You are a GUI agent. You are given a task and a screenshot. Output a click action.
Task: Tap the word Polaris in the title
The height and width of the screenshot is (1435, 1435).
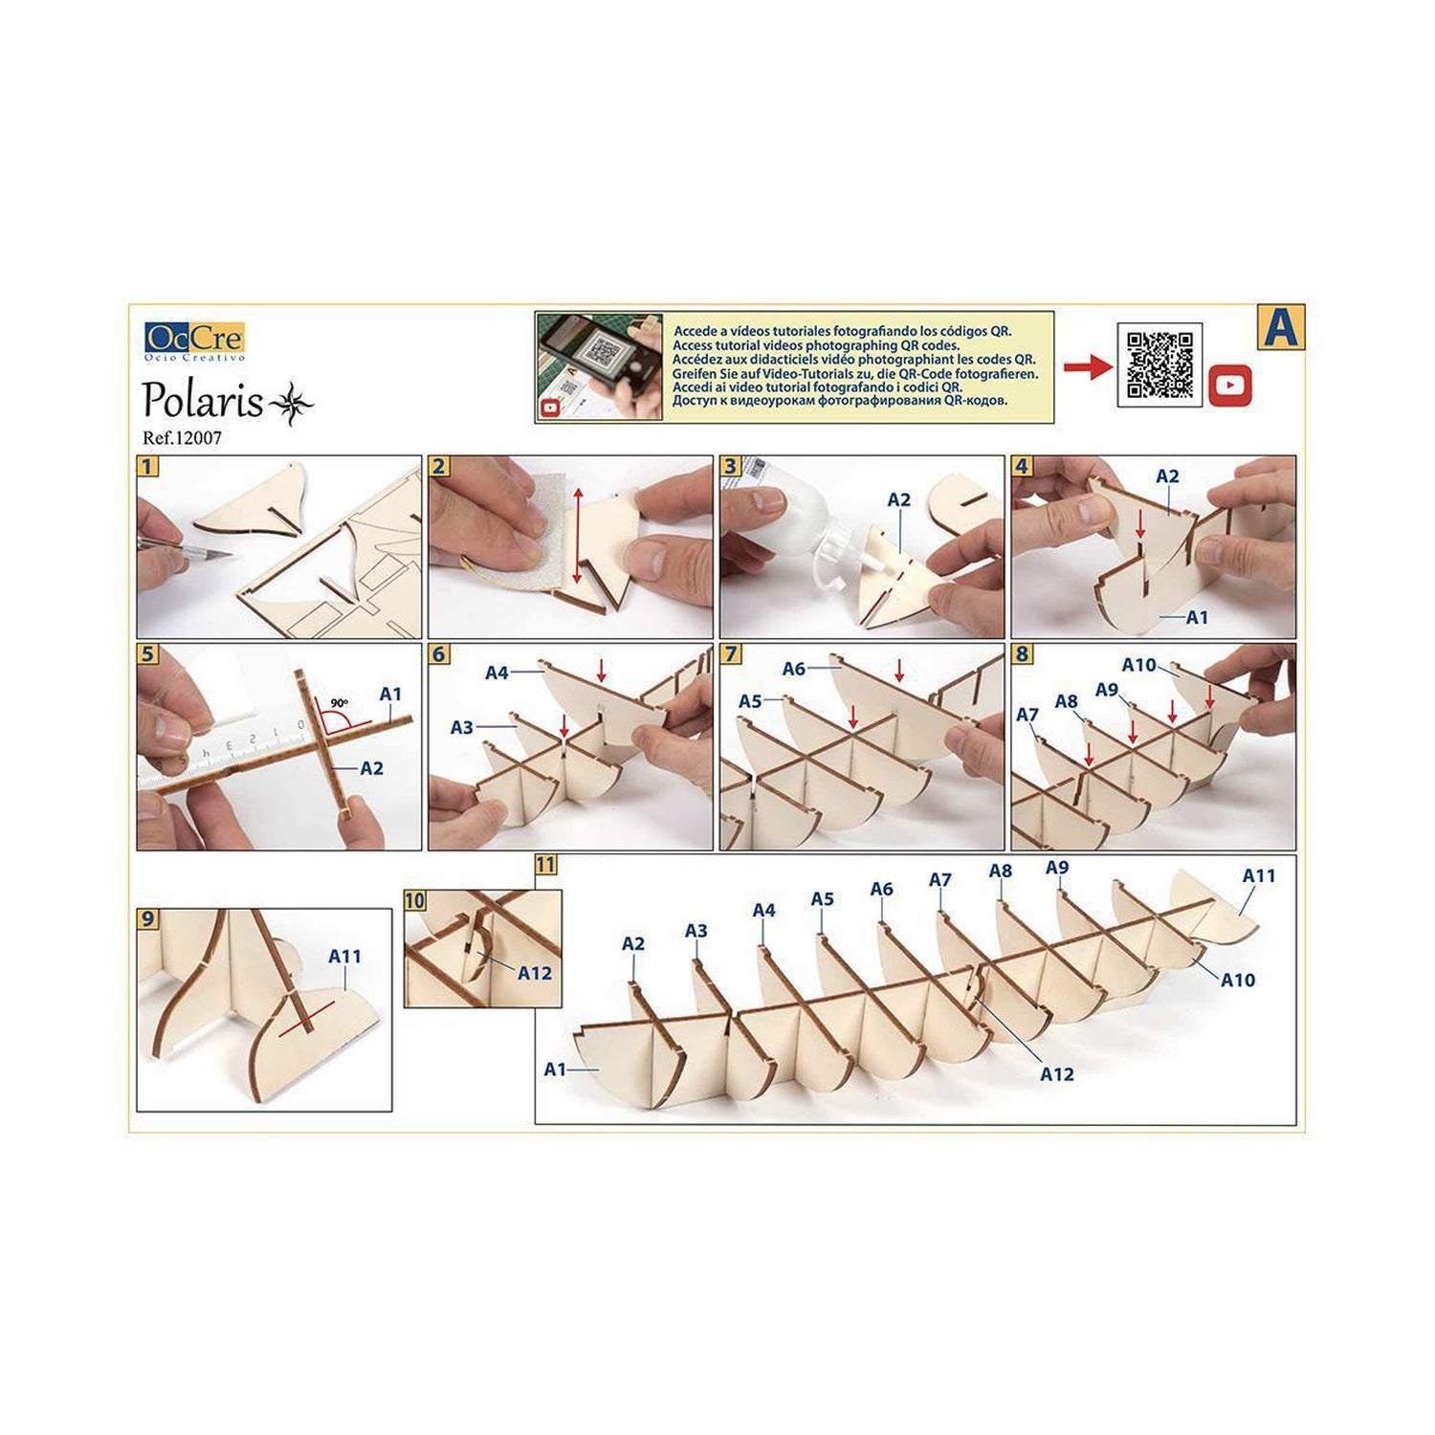(203, 402)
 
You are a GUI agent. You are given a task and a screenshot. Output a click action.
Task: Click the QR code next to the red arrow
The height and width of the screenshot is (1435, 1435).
(1159, 364)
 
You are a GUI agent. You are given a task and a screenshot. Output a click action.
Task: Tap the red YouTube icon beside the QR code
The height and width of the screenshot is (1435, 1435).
(1229, 385)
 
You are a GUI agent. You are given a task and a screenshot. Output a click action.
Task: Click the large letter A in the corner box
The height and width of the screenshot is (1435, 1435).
(1280, 327)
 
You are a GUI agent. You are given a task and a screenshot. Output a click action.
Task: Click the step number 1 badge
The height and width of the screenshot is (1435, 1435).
(147, 466)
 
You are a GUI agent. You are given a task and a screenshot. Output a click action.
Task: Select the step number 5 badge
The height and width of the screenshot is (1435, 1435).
(147, 654)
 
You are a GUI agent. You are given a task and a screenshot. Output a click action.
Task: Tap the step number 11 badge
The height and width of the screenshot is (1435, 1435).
(545, 865)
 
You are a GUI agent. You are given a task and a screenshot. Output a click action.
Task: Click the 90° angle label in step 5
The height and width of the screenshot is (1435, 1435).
(339, 703)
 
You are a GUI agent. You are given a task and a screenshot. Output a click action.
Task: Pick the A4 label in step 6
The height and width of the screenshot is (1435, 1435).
(497, 673)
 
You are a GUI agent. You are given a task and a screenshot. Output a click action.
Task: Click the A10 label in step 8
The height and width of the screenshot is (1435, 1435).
(1138, 665)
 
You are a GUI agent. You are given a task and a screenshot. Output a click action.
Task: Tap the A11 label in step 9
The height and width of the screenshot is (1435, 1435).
(344, 956)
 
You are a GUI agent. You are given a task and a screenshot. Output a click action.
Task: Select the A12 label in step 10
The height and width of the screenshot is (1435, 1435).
(535, 973)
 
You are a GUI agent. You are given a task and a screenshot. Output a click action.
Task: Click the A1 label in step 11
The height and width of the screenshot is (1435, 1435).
(555, 1069)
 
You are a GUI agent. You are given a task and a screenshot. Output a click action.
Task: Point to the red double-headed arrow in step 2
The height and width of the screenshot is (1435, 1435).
(576, 535)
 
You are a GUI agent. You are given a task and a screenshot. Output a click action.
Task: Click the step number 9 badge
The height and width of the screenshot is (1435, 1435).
(147, 918)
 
